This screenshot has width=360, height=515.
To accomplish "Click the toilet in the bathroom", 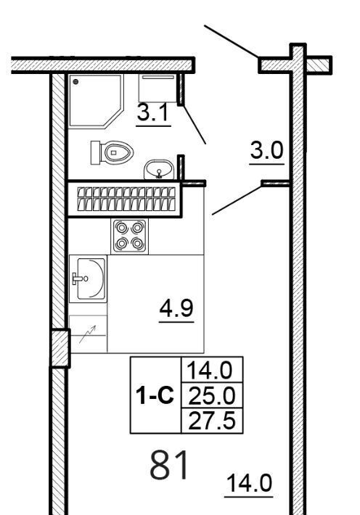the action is click(x=112, y=152).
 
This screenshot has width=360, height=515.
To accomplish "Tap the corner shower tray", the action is click(x=96, y=101).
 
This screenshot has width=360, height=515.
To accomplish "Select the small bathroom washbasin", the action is click(x=159, y=170).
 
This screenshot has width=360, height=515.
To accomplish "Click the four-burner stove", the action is click(x=129, y=236).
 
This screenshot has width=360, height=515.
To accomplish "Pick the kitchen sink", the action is click(x=88, y=279).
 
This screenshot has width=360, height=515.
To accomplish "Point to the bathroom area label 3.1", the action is click(x=153, y=112).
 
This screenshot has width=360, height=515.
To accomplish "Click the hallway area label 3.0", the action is click(x=266, y=151).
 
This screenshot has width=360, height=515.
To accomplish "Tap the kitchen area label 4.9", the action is click(x=176, y=309).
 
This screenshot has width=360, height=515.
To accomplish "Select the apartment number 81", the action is click(x=170, y=465).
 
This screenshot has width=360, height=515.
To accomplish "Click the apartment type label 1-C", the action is click(x=155, y=395).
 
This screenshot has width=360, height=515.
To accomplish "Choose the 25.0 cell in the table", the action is click(x=212, y=396).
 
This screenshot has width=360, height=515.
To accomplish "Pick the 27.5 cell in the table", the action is click(x=212, y=421).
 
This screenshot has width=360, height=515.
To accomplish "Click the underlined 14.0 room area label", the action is click(x=249, y=484).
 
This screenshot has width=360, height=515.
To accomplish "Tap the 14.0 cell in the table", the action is click(x=212, y=370).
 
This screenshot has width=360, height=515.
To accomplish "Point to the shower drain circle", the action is click(x=75, y=82).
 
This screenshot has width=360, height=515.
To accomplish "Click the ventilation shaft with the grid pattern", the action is click(x=125, y=199).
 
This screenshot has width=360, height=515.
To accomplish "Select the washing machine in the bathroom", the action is click(x=157, y=88).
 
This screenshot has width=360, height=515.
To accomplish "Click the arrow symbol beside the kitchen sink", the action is click(x=87, y=334).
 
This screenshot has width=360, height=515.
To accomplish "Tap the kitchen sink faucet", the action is click(x=80, y=279).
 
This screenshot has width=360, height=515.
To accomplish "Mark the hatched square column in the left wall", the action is click(x=60, y=348).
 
